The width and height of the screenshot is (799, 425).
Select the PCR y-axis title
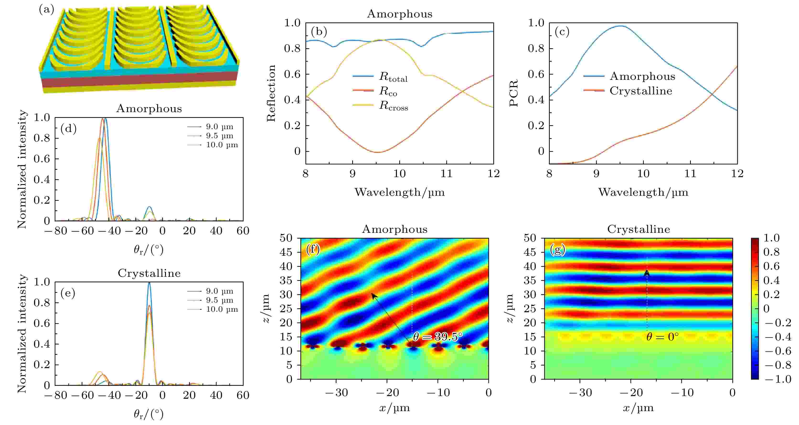click(x=514, y=93)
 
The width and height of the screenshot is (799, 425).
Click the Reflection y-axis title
click(x=271, y=93)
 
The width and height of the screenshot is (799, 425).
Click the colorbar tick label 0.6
click(x=771, y=266)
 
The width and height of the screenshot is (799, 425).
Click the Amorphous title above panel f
click(x=394, y=229)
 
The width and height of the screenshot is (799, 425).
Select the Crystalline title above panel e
click(x=149, y=273)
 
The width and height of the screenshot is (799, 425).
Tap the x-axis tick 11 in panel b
click(x=446, y=174)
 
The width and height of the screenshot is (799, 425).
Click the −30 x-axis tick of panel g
click(x=580, y=393)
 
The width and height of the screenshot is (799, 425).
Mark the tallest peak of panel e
click(x=149, y=283)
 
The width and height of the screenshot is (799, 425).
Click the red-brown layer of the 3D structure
click(x=140, y=80)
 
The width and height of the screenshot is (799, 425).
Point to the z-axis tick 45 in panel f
click(x=286, y=252)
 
